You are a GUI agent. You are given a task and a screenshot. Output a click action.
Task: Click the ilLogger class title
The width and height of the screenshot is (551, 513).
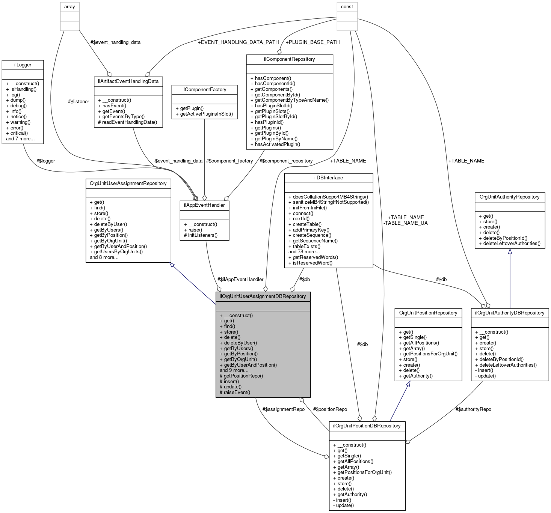coord(23,65)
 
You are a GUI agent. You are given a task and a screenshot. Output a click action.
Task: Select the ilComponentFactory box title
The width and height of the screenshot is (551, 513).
coord(204,89)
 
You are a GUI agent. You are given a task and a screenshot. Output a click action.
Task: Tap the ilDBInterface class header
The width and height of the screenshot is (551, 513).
coord(329,178)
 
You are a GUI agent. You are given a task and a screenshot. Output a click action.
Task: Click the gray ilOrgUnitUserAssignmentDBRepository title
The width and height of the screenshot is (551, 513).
coord(263,296)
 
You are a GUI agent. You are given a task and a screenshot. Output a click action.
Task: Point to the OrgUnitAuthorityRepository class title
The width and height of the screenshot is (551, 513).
coord(510,197)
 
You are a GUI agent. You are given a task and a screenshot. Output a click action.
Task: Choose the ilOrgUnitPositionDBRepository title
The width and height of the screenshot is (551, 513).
coord(367,426)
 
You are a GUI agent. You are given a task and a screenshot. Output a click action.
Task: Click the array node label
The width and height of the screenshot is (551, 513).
coord(69,7)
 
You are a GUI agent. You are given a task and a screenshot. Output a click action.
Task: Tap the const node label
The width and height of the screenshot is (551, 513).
coord(347,7)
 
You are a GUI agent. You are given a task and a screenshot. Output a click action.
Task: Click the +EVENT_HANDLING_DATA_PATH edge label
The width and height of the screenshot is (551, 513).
coord(239,42)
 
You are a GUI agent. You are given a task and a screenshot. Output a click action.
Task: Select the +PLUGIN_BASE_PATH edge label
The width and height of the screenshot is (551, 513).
coord(312,42)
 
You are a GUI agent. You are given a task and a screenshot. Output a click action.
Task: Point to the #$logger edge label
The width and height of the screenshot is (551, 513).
coord(45,161)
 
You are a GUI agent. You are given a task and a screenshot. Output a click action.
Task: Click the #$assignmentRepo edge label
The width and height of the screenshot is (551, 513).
coord(284,409)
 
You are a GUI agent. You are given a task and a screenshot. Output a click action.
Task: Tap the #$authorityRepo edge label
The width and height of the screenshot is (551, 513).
coord(473,409)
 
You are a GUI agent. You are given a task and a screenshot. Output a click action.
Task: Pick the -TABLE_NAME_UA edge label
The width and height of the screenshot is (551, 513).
coord(405,223)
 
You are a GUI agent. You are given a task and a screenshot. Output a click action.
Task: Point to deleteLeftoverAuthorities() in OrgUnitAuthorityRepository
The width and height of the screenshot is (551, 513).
coord(510,244)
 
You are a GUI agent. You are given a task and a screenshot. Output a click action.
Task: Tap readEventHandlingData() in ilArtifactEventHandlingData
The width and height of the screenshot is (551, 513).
coord(128,122)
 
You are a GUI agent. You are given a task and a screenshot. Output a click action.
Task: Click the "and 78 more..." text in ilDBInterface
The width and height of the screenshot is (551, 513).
coord(304,252)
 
